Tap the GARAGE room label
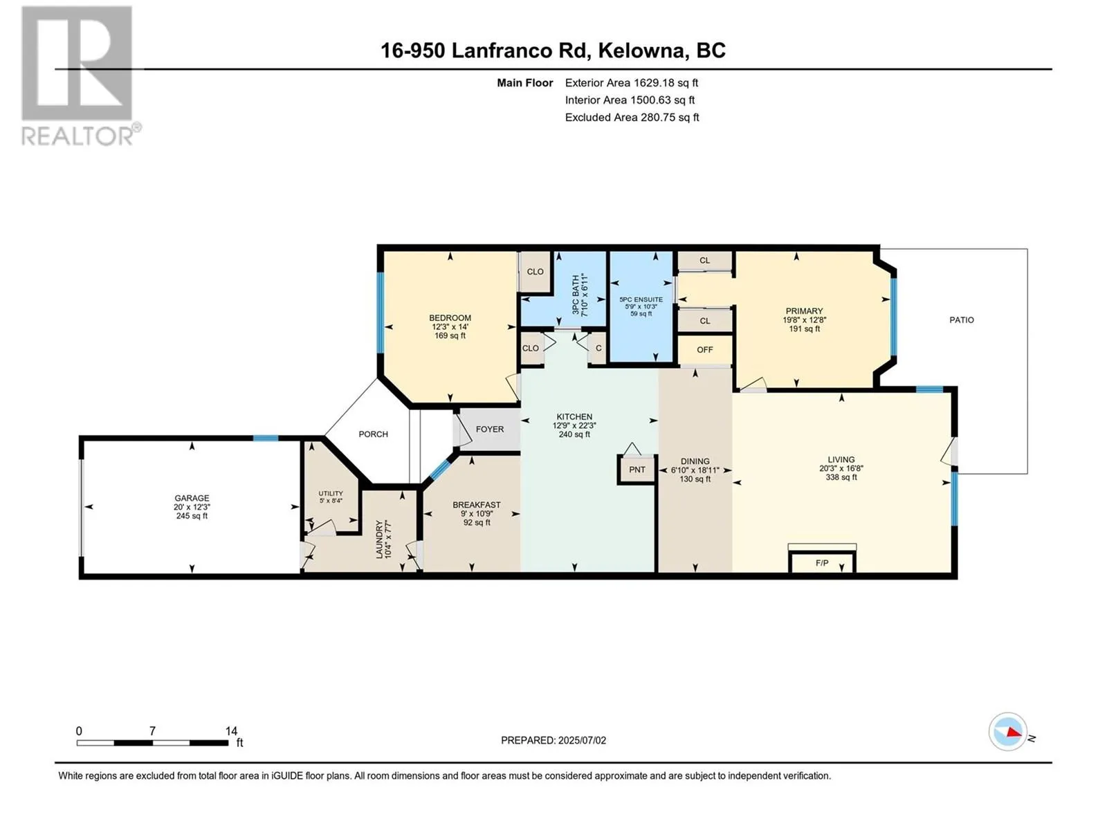tap(192, 498)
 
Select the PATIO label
tap(961, 320)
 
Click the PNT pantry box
tap(637, 470)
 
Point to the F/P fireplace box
tap(822, 562)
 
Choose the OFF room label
tap(704, 350)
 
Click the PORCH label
tap(373, 434)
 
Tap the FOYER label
tap(490, 429)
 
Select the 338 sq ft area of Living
tap(841, 477)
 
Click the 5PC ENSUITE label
tap(641, 299)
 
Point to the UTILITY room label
tap(331, 493)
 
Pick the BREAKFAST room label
tap(477, 504)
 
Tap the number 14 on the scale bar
tap(231, 730)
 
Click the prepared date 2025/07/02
tap(582, 740)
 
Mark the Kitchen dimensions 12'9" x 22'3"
tap(574, 425)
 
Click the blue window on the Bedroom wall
tap(381, 313)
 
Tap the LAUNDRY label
tap(379, 539)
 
